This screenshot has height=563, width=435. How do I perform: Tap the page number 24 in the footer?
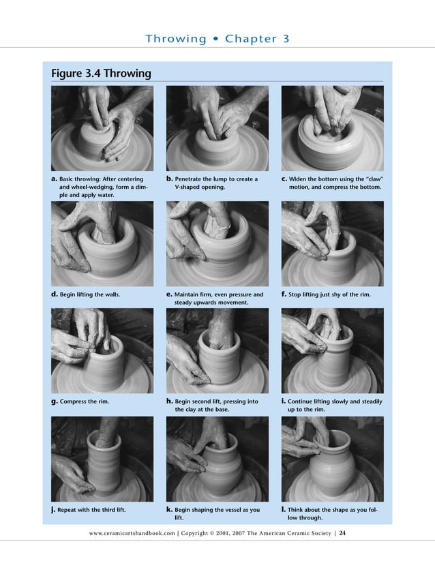[343, 533]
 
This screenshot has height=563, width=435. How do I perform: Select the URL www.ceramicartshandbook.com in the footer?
[132, 533]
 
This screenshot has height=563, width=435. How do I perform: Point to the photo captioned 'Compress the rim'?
[102, 350]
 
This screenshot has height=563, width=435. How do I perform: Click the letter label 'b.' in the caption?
[170, 179]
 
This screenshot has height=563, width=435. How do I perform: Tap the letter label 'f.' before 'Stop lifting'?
[284, 294]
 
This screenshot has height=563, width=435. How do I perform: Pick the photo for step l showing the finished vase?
[332, 459]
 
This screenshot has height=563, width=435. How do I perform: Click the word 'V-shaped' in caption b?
[189, 187]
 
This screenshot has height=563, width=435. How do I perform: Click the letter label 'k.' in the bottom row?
[170, 509]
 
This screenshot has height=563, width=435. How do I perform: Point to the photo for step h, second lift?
[217, 350]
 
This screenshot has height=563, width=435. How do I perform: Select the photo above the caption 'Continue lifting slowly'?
[332, 350]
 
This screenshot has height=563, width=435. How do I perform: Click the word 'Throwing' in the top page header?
[175, 39]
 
